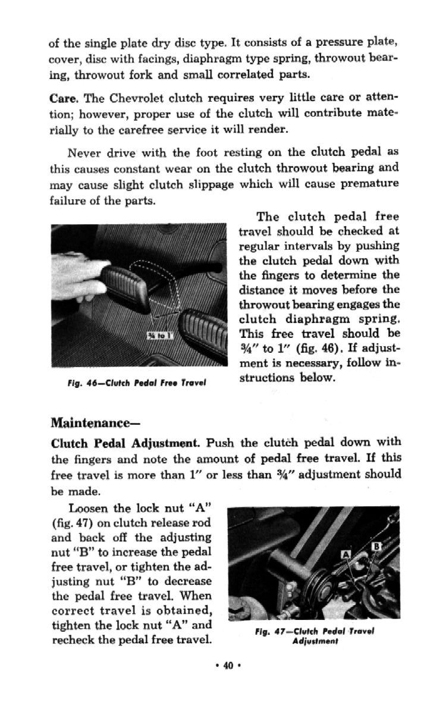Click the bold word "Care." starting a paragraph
64,96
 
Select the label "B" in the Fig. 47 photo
376,546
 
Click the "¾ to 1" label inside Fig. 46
161,336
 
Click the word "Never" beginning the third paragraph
86,153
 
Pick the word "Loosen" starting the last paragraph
88,508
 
